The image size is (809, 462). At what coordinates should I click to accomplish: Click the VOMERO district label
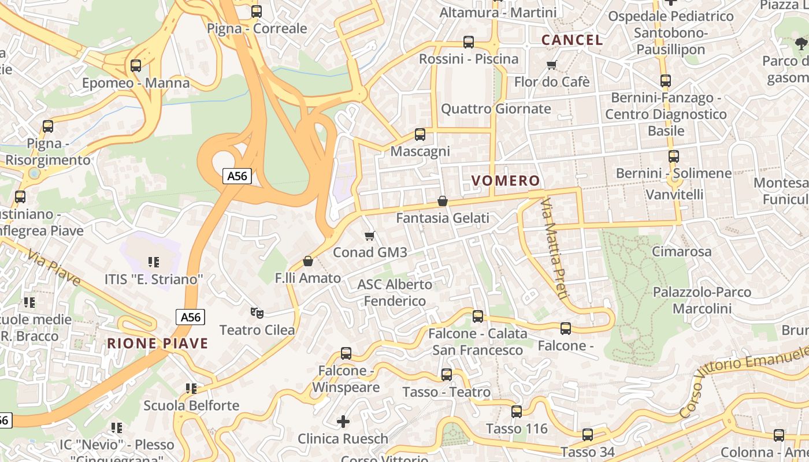tap(506, 181)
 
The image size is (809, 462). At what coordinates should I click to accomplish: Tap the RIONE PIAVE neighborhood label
tap(157, 344)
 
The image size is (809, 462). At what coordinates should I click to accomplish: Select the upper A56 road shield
tap(237, 176)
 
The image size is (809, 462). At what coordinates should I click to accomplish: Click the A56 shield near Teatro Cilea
tap(190, 317)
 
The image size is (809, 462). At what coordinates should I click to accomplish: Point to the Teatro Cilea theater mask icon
tap(257, 313)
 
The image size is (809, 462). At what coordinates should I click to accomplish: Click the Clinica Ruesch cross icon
tap(343, 422)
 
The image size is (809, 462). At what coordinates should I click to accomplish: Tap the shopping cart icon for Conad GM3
tap(370, 236)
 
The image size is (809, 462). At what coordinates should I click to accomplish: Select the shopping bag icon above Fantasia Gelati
tap(443, 201)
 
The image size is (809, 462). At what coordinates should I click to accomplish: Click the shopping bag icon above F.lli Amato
tap(308, 261)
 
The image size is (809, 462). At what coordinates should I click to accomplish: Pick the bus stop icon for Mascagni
tap(420, 135)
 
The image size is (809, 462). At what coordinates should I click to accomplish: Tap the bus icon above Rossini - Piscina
tap(469, 42)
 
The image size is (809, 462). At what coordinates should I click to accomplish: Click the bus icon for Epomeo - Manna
tap(136, 66)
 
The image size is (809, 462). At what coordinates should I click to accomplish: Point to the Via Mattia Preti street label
tap(554, 248)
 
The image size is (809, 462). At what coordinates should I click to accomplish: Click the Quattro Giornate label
tap(496, 109)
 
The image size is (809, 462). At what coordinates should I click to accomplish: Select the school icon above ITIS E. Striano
tap(154, 262)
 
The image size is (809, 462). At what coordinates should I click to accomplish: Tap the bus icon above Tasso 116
tap(517, 412)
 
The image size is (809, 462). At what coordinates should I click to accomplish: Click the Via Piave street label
tap(54, 269)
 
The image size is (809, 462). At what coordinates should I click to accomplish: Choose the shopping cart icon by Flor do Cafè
tap(552, 65)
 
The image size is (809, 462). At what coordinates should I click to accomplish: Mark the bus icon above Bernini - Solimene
tap(674, 157)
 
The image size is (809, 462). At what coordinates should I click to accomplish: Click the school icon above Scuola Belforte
tap(191, 389)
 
